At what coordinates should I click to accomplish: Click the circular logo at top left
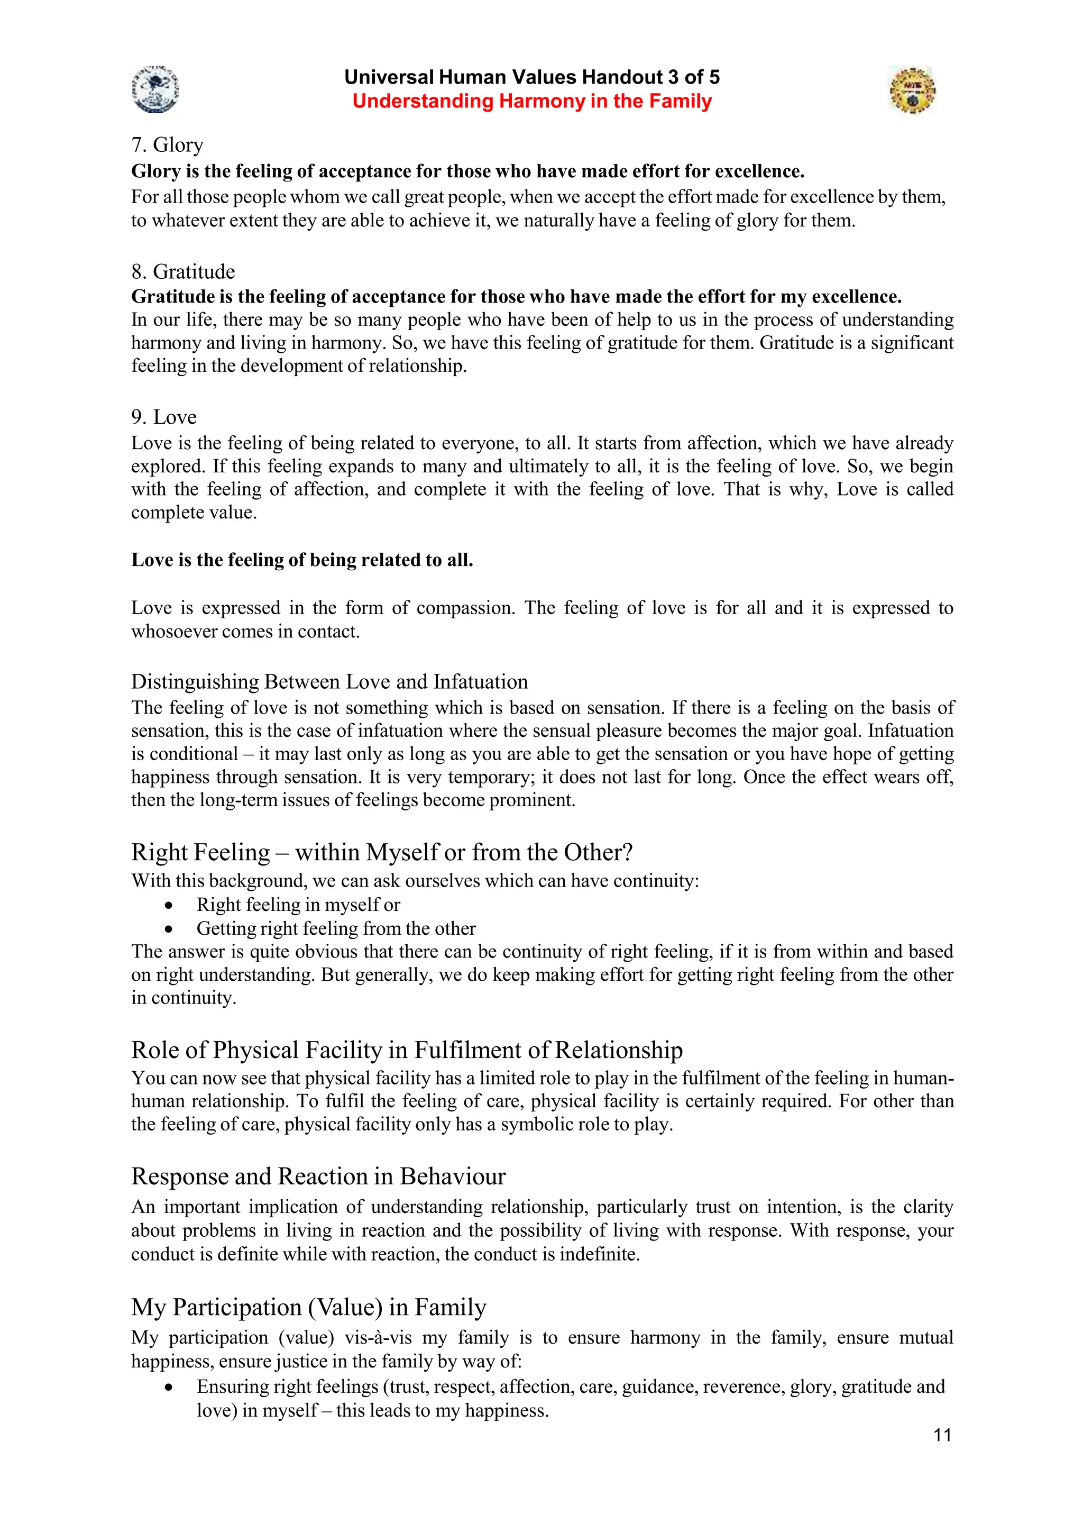[x=155, y=89]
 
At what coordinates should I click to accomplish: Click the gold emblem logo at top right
[x=912, y=89]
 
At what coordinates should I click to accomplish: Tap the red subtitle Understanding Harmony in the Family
[x=532, y=102]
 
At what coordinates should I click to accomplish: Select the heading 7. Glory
[x=167, y=145]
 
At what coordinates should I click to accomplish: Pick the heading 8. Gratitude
[x=183, y=272]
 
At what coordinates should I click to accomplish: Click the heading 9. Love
[x=163, y=417]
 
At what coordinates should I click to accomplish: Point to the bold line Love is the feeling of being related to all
[x=301, y=560]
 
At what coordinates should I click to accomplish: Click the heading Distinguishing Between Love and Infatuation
[x=329, y=682]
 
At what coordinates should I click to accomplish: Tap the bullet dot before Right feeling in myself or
[x=169, y=906]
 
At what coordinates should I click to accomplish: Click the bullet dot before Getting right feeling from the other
[x=169, y=929]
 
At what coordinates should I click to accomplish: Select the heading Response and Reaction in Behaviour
[x=318, y=1176]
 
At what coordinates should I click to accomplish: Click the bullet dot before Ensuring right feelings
[x=169, y=1388]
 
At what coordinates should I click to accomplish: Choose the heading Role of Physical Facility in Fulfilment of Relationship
[x=406, y=1050]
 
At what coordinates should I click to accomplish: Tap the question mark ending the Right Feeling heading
[x=627, y=853]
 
